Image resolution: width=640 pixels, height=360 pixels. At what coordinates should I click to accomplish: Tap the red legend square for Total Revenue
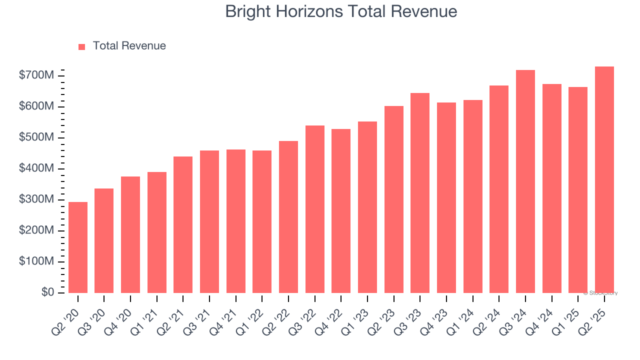click(82, 46)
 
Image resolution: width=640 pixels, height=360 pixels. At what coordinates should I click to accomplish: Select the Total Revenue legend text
click(129, 46)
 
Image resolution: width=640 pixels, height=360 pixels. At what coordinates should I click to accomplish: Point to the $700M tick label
click(36, 75)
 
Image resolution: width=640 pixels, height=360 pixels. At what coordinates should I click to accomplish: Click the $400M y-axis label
click(36, 168)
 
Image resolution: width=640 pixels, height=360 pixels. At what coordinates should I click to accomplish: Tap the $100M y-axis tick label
click(36, 261)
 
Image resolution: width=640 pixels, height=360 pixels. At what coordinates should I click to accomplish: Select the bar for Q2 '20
click(78, 247)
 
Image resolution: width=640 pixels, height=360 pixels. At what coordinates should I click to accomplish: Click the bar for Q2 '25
click(604, 180)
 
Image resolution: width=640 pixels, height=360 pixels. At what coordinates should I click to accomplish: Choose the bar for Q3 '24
click(525, 181)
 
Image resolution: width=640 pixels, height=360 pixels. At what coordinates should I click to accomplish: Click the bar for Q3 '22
click(314, 209)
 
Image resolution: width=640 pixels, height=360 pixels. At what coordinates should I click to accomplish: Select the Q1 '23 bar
click(367, 207)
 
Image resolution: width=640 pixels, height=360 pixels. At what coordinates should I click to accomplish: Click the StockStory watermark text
click(600, 293)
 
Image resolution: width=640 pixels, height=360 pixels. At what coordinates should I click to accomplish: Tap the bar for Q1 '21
click(157, 232)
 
